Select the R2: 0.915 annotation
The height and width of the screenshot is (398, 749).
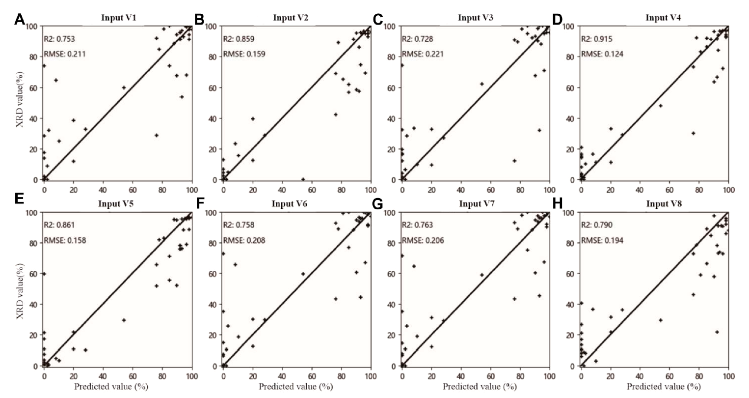(597, 39)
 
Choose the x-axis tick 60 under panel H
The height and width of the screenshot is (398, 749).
(669, 375)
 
